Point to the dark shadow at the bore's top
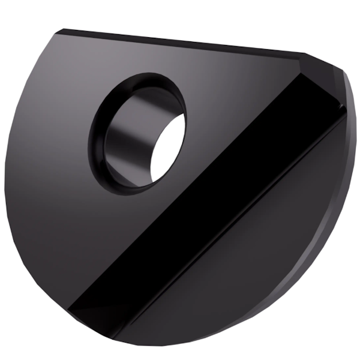pyautogui.click(x=144, y=96)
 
